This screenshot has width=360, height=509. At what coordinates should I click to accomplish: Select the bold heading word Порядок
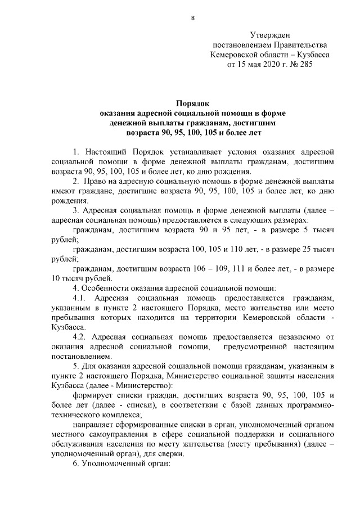[192, 103]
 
